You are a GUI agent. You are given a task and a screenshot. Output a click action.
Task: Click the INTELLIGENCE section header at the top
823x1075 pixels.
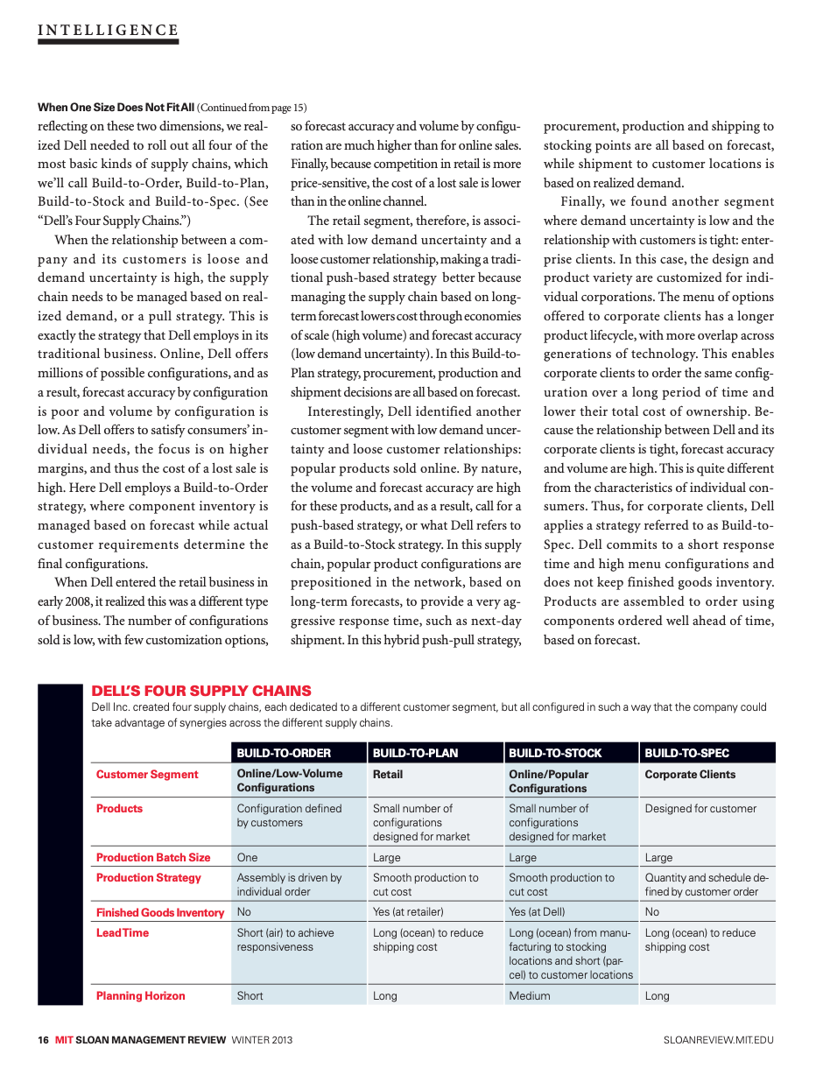pos(108,31)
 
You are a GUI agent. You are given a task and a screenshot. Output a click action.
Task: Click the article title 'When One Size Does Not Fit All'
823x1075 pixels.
pos(116,108)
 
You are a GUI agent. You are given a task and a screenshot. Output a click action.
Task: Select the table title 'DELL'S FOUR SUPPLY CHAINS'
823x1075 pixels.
pos(201,691)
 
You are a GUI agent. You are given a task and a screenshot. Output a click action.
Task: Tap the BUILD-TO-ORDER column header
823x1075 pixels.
pos(284,753)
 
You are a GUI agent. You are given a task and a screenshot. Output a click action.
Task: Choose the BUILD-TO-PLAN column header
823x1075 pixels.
pos(415,753)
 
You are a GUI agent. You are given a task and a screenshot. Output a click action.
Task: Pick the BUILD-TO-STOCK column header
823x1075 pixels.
pos(555,753)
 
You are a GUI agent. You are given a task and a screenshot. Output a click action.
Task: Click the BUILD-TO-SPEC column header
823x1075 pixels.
pos(686,753)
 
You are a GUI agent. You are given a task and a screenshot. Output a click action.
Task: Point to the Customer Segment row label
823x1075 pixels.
pos(147,774)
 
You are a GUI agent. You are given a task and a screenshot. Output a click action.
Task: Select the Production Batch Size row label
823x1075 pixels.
pos(153,857)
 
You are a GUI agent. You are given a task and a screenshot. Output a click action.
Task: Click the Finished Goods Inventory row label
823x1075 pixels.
pos(160,912)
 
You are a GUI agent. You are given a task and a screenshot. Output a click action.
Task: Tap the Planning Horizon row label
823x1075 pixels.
pos(140,995)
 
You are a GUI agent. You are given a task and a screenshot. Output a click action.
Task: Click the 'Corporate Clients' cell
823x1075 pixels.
pos(690,774)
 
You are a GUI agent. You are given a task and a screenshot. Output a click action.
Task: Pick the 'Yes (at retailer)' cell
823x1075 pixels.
pos(408,912)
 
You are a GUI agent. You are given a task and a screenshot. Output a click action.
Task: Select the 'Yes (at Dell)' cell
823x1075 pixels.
pos(537,912)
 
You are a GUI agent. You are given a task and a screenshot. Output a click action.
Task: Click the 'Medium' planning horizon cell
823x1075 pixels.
pos(530,995)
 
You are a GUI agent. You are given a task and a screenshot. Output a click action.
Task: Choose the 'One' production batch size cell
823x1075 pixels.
pos(247,857)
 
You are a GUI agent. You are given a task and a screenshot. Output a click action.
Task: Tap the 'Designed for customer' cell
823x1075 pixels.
pos(700,808)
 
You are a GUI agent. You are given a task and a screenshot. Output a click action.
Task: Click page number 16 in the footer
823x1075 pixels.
pos(43,1040)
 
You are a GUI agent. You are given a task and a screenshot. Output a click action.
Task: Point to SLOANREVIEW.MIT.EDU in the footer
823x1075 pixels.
pos(719,1040)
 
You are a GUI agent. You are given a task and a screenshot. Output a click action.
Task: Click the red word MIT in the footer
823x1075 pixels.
pos(63,1040)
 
